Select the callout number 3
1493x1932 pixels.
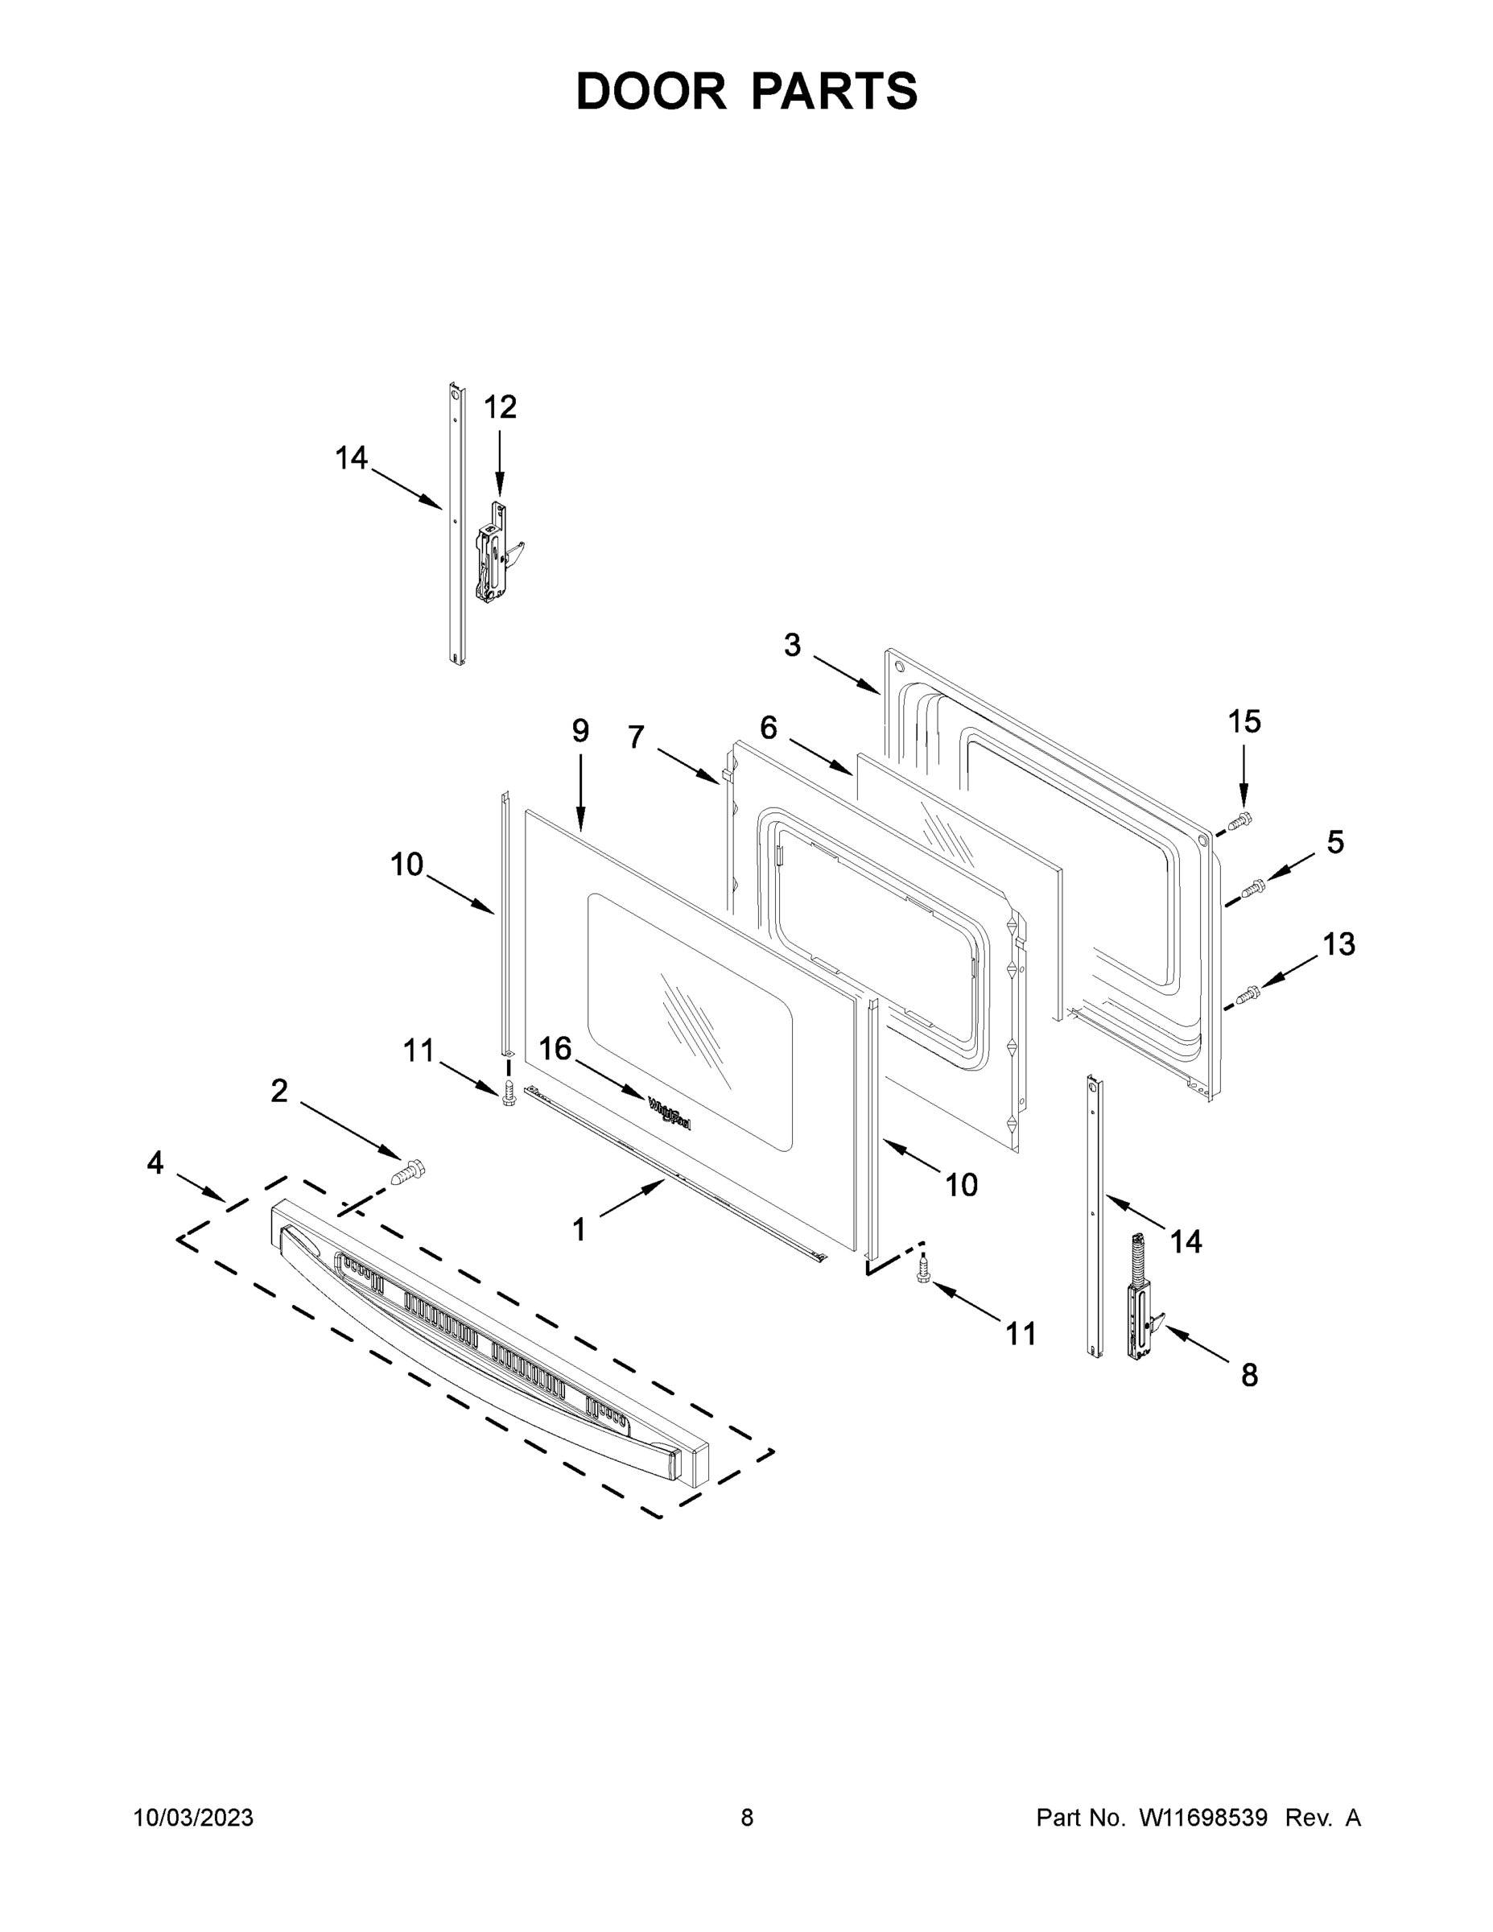pos(793,646)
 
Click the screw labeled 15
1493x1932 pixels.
pos(1242,820)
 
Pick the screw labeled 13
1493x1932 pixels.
pos(1250,994)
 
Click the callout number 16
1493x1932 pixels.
pos(555,1049)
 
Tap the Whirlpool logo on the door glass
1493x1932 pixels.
pos(670,1113)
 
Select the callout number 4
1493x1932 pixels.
pos(155,1162)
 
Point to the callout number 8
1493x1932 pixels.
pos(1249,1376)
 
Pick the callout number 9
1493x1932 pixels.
pos(580,731)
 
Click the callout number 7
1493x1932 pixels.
pos(636,737)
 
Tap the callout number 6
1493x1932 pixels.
pos(769,728)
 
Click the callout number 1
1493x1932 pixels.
pos(579,1229)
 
